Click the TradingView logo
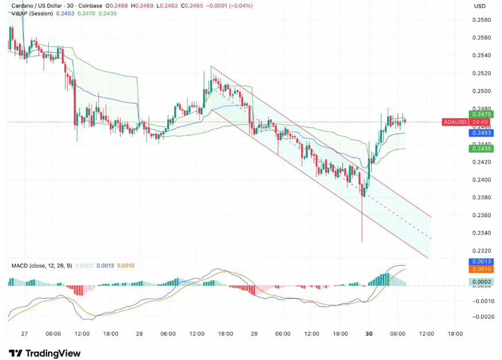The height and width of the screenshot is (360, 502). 45,353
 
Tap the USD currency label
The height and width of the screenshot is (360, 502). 480,6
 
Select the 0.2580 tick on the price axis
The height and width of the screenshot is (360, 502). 481,20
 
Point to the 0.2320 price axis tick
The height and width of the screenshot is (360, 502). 481,251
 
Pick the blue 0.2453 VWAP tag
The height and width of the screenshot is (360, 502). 481,133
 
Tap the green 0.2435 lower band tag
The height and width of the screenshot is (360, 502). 481,149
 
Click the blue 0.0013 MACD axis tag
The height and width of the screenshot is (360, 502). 481,261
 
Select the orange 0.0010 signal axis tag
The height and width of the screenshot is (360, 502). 481,269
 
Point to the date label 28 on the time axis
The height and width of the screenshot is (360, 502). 139,333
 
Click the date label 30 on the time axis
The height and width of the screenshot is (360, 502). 369,333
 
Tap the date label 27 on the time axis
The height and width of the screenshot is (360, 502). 24,333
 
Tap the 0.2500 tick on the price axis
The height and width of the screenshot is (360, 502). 481,91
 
